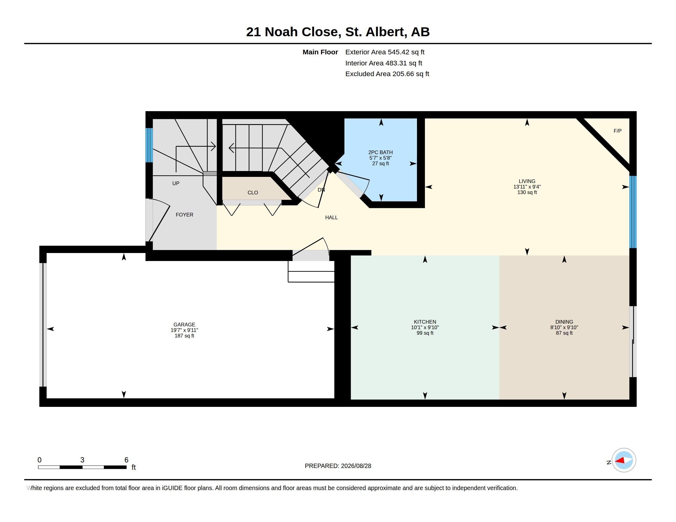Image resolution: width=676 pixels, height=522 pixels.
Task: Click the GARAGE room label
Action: pyautogui.click(x=184, y=324)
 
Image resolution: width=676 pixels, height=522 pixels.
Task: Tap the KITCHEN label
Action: pyautogui.click(x=425, y=321)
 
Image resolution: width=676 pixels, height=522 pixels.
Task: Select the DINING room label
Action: pyautogui.click(x=564, y=321)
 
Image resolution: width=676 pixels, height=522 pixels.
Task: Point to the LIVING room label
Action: pyautogui.click(x=527, y=181)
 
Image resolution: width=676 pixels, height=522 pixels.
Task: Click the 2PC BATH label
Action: pyautogui.click(x=380, y=152)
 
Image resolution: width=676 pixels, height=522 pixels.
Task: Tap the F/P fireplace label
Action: pyautogui.click(x=618, y=131)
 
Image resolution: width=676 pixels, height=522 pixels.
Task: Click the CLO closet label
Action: pyautogui.click(x=253, y=192)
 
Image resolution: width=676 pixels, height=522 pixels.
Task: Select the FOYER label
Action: pyautogui.click(x=184, y=215)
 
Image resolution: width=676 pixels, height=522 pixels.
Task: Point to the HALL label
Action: pyautogui.click(x=331, y=217)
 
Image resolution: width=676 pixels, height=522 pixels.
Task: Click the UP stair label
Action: pyautogui.click(x=176, y=183)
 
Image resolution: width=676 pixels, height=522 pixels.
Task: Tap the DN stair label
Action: pyautogui.click(x=321, y=190)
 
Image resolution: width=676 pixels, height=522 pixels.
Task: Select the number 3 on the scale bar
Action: pyautogui.click(x=82, y=460)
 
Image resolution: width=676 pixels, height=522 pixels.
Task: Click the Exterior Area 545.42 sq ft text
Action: pyautogui.click(x=385, y=52)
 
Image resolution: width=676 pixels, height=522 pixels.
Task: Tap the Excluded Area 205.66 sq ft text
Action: pyautogui.click(x=387, y=74)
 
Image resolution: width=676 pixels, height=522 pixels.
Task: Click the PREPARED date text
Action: pyautogui.click(x=338, y=466)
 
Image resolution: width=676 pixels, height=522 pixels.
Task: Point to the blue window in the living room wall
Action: pyautogui.click(x=633, y=212)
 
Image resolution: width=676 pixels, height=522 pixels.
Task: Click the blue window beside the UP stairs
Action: pyautogui.click(x=149, y=145)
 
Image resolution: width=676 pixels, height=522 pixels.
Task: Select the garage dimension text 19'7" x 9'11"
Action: pyautogui.click(x=184, y=330)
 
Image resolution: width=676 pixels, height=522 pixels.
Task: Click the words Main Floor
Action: pyautogui.click(x=320, y=52)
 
